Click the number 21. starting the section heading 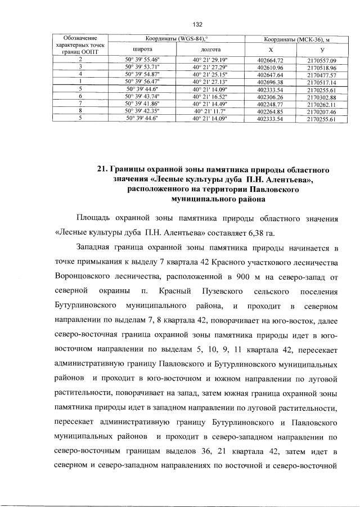102,169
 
